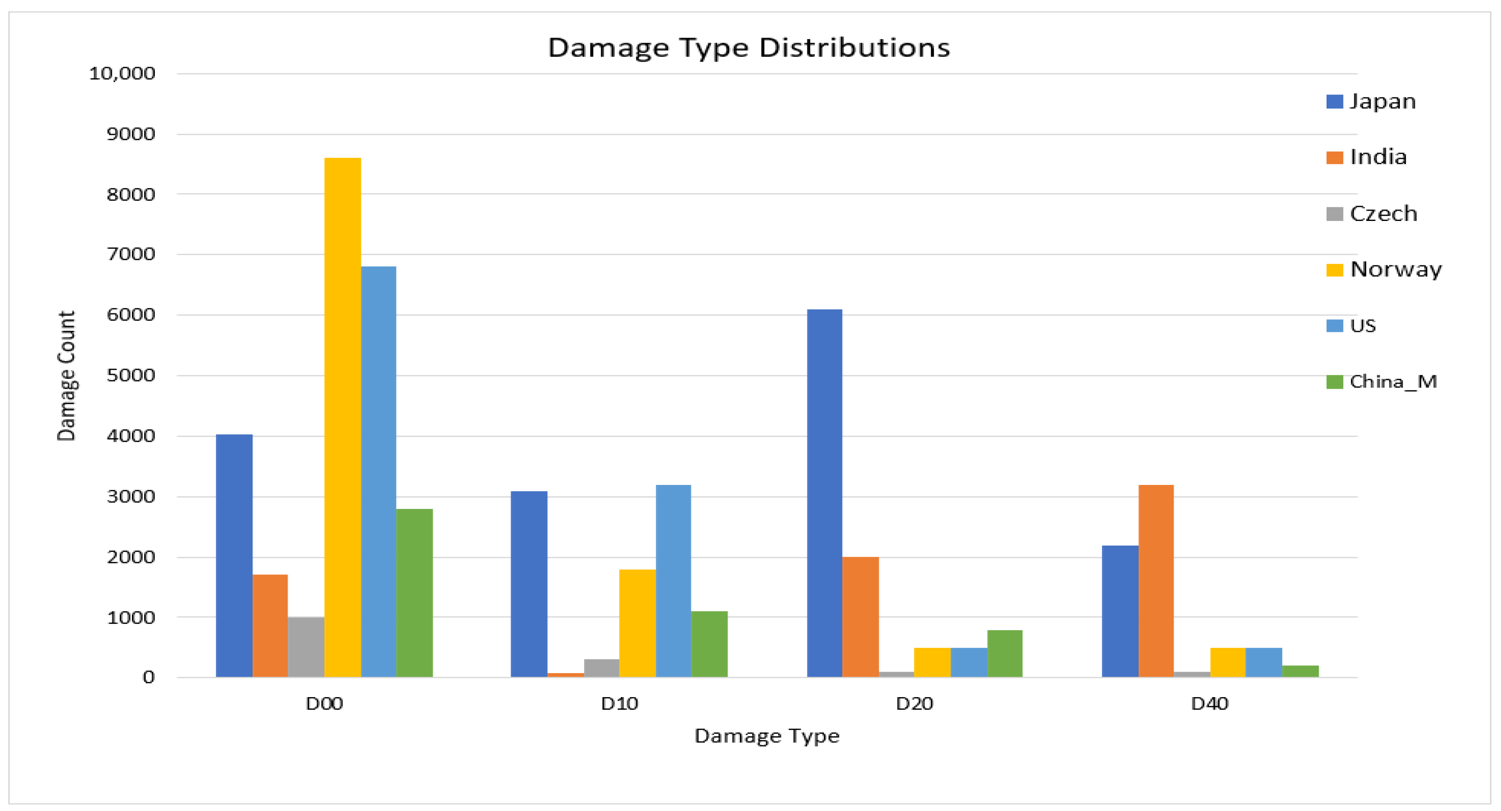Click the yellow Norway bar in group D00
342,417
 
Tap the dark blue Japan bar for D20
824,493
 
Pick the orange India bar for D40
1156,580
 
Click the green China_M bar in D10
709,644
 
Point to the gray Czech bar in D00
306,647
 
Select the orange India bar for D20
861,617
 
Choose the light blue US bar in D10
674,580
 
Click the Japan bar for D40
1120,611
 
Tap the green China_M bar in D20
1005,653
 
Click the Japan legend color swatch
1334,102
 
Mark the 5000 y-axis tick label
130,375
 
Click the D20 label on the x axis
914,704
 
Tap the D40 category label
1210,704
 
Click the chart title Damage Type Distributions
749,47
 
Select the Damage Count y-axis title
66,375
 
